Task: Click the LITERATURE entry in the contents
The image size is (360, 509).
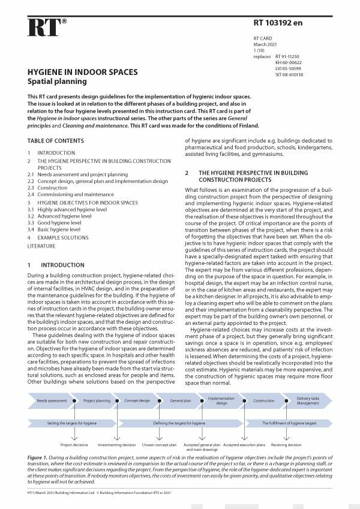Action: (41, 246)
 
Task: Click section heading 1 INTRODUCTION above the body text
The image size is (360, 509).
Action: (51, 264)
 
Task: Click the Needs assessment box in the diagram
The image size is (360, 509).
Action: (52, 400)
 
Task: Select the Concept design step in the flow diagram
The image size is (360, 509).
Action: (137, 400)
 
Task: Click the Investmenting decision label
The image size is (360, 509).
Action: (116, 445)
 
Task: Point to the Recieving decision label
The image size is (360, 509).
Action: (287, 445)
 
